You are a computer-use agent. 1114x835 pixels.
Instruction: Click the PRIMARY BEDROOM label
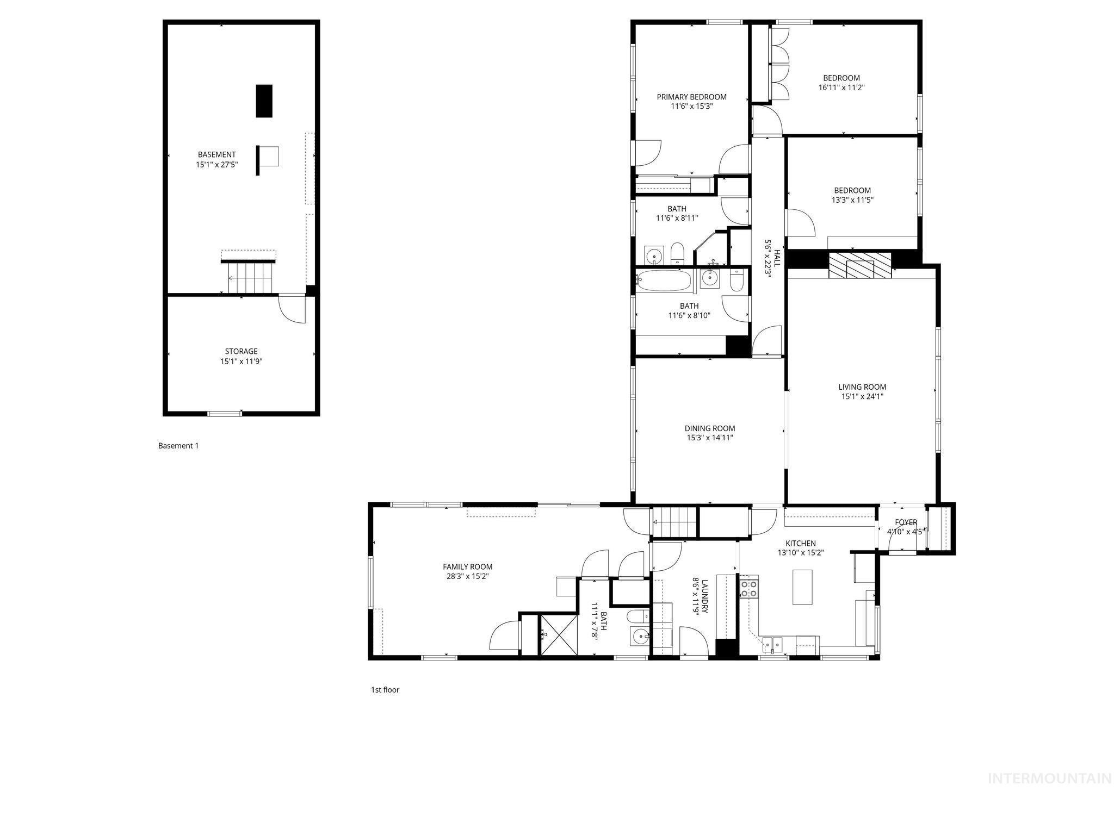[x=691, y=97]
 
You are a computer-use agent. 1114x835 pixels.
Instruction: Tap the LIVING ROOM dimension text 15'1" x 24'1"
[x=862, y=397]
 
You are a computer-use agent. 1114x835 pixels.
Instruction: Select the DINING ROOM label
[x=710, y=428]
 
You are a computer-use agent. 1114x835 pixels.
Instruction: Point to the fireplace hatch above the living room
[x=860, y=265]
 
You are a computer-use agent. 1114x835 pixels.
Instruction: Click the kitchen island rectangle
[x=802, y=587]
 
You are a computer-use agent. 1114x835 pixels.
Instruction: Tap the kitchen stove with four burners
[x=748, y=589]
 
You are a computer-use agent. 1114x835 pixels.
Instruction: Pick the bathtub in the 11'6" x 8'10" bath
[x=664, y=281]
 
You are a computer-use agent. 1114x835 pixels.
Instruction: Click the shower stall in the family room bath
[x=558, y=634]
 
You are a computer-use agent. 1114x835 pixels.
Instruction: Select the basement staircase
[x=249, y=278]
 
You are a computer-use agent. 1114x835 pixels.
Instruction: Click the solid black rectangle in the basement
[x=264, y=101]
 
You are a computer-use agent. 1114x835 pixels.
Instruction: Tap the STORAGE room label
[x=242, y=352]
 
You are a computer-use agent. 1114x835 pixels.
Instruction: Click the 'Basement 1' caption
[x=178, y=446]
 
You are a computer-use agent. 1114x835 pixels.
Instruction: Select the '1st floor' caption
[x=385, y=690]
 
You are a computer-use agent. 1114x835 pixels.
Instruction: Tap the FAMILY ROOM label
[x=468, y=567]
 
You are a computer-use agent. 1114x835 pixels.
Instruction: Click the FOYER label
[x=906, y=522]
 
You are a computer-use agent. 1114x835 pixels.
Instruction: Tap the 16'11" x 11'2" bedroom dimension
[x=841, y=88]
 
